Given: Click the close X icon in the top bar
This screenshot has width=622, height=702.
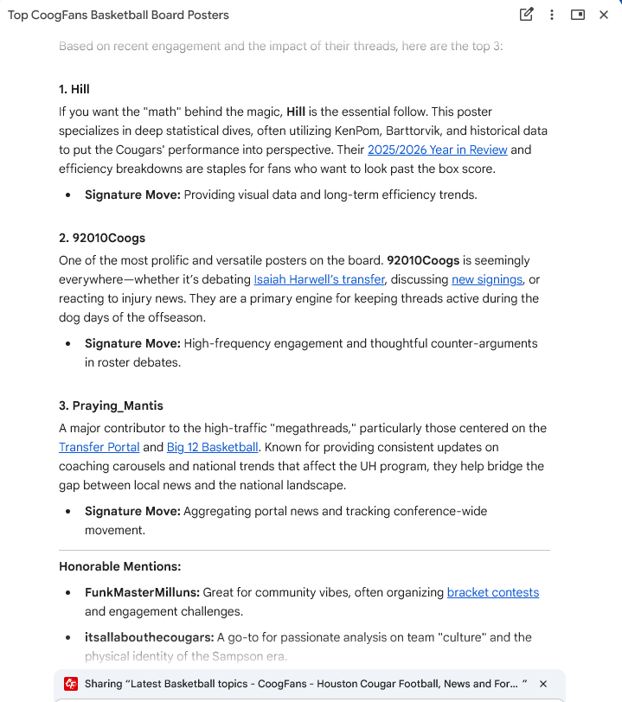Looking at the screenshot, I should (604, 15).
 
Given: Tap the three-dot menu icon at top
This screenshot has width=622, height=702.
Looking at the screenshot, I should (552, 15).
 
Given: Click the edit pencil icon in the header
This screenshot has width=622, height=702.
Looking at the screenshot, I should (526, 15).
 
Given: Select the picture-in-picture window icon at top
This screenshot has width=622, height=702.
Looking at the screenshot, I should (578, 15).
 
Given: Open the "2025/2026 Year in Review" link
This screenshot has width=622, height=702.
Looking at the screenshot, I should (437, 150).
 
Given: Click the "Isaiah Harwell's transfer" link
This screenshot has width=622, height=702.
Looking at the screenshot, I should (319, 279).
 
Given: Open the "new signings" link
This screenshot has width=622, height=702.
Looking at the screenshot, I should (487, 279).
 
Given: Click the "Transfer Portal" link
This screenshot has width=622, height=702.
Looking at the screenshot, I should (99, 447).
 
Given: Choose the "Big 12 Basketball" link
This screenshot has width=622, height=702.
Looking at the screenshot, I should (212, 447).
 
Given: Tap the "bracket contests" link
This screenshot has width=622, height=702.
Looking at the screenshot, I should (492, 592).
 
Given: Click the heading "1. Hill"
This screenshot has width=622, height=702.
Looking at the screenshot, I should (74, 89).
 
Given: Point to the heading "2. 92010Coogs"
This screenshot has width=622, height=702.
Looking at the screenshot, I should (102, 238).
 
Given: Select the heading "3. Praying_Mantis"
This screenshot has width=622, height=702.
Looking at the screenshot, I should (111, 405).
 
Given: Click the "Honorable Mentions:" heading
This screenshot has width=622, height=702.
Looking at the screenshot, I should (119, 566).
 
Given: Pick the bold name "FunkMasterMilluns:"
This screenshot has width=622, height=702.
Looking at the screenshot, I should (142, 592).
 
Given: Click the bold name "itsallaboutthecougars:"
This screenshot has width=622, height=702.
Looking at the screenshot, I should (149, 637).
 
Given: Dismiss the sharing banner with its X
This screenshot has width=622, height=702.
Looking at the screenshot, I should (543, 684).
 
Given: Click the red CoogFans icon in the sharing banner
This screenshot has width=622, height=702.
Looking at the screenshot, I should (71, 684).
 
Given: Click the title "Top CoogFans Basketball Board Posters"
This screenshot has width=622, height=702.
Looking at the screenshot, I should (119, 16).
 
